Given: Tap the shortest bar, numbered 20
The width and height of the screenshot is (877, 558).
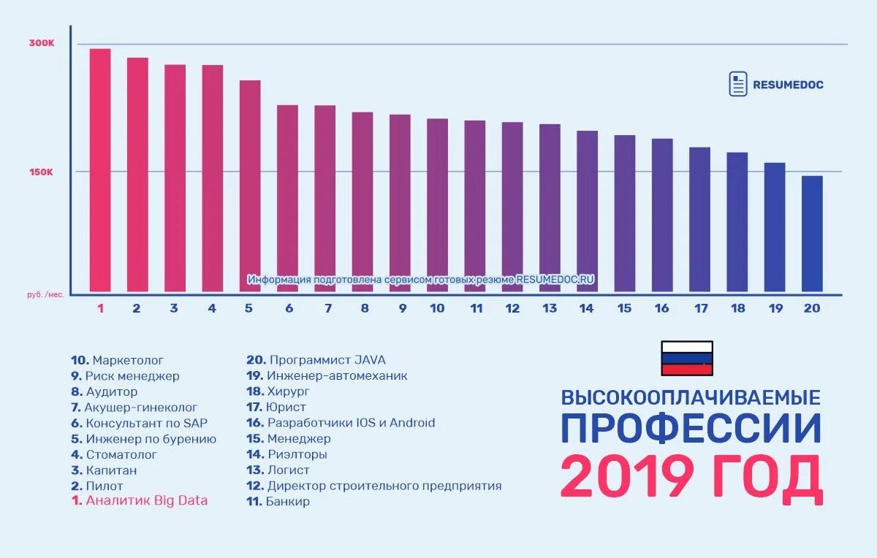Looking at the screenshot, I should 812,234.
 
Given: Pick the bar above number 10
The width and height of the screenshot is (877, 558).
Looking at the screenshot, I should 437,205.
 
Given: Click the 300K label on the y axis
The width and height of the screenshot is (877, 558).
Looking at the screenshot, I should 42,43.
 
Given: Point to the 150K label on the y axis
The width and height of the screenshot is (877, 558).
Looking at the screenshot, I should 42,172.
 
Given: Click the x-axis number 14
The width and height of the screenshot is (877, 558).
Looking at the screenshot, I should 586,308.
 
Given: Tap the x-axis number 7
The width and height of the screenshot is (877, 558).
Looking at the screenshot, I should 328,308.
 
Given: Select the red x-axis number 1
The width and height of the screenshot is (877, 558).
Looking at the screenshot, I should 101,308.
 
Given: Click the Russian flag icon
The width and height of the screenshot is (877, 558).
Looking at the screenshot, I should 687,358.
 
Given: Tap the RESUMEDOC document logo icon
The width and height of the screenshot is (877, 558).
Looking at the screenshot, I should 738,84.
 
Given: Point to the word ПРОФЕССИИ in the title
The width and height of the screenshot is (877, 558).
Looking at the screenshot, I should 691,429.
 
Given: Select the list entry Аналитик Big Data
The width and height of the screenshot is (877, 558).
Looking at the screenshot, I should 146,500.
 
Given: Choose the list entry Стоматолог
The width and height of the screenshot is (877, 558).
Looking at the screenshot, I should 121,454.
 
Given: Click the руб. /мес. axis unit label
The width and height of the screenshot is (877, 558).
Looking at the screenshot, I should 45,294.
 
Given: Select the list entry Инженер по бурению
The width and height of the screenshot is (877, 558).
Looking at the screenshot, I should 151,439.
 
